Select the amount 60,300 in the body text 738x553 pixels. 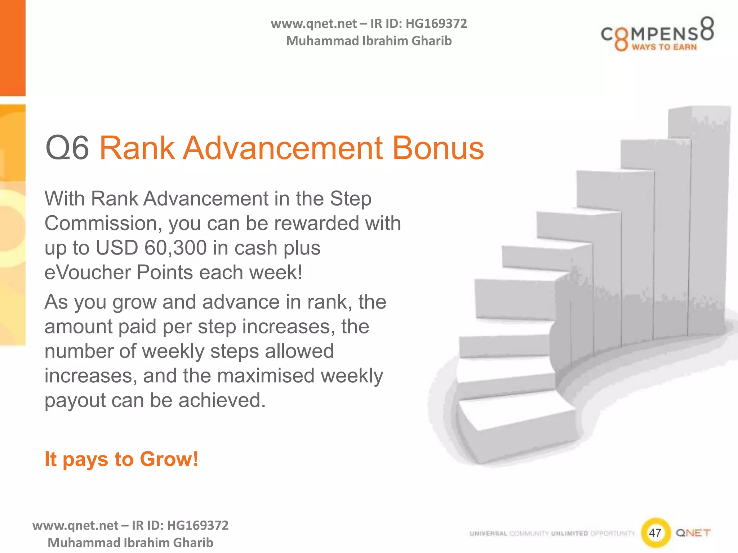tap(175, 248)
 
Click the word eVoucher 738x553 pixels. tap(87, 272)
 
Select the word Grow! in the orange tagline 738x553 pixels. tap(169, 459)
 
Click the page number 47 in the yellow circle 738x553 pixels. tap(655, 533)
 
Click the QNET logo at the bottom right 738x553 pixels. tap(693, 533)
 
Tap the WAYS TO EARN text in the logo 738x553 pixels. tap(664, 47)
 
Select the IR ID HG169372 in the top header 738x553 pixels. tap(436, 24)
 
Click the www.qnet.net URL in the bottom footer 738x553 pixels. tap(75, 526)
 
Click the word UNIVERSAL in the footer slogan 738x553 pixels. tap(488, 534)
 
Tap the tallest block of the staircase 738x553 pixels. tap(699, 216)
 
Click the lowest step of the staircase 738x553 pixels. tap(515, 428)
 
